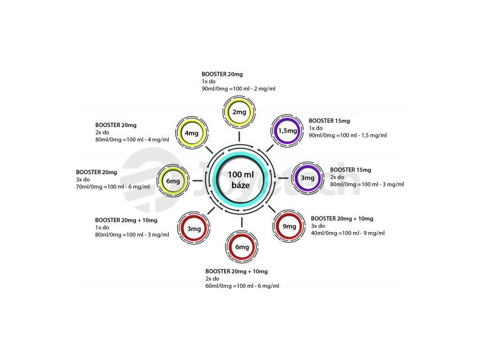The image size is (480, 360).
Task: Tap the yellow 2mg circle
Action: tap(239, 112)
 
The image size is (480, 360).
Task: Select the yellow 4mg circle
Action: tap(191, 133)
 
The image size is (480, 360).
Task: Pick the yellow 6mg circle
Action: tap(173, 181)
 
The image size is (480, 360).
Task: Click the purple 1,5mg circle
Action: tap(288, 131)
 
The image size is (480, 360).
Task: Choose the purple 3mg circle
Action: tap(307, 178)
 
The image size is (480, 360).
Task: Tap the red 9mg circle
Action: tap(289, 226)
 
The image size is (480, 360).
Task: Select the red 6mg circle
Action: tap(242, 247)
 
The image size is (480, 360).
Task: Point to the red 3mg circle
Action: tap(194, 229)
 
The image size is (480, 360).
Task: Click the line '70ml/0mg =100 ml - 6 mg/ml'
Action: tap(113, 187)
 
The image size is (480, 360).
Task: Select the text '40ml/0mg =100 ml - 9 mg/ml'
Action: tap(348, 233)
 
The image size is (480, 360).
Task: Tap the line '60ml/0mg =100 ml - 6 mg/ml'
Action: tap(242, 286)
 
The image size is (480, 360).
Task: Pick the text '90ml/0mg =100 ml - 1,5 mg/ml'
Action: tap(348, 135)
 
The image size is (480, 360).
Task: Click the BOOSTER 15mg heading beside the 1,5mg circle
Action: tap(329, 121)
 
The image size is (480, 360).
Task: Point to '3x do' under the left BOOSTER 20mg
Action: tap(83, 180)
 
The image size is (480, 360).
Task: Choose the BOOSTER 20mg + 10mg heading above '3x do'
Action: tap(342, 218)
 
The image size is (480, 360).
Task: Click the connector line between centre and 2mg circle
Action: tap(239, 136)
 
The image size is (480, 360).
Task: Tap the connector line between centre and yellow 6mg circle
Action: tap(197, 180)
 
